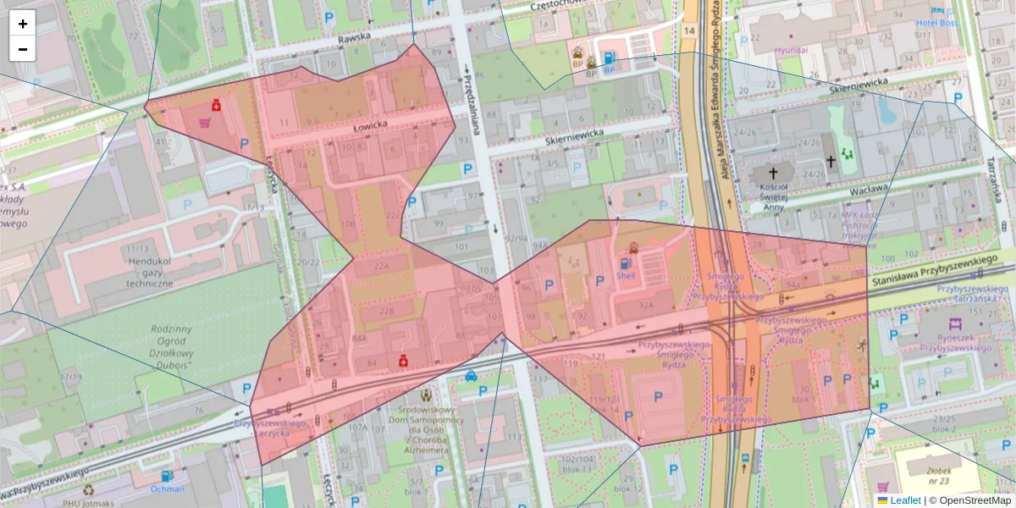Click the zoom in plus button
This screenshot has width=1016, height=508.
(23, 24)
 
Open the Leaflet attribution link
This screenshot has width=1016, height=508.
(904, 500)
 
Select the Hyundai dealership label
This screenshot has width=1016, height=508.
(791, 50)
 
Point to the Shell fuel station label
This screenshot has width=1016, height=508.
(626, 275)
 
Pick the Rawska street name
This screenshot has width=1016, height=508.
(355, 39)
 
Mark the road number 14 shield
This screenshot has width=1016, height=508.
(689, 31)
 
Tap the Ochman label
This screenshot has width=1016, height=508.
(167, 489)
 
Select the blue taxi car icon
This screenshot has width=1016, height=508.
(471, 377)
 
